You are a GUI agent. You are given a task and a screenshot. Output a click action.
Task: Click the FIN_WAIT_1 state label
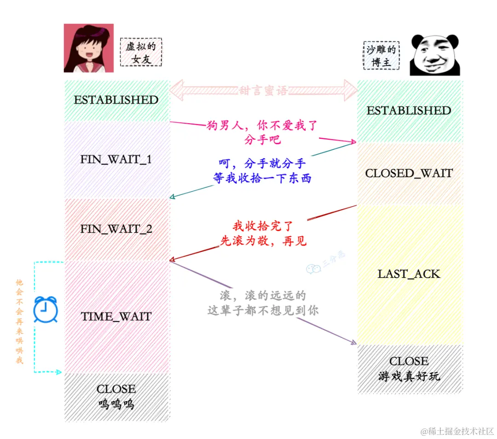pos(116,160)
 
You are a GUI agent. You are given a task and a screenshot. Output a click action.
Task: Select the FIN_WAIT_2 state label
pos(116,229)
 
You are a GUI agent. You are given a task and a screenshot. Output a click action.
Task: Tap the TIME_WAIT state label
pos(116,316)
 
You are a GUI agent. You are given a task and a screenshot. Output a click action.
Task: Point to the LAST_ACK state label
pos(409,274)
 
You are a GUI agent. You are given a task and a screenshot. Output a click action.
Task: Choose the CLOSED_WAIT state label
pos(409,173)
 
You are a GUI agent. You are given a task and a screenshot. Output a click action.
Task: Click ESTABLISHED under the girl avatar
pos(116,100)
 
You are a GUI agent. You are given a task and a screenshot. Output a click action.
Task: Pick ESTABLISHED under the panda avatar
pos(409,110)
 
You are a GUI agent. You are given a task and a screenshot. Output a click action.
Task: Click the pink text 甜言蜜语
pos(264,91)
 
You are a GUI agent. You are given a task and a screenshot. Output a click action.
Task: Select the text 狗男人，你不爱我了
pos(262,125)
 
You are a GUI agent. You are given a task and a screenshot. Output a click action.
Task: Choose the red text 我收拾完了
pos(263,226)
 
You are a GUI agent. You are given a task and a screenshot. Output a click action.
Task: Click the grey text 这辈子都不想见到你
pos(263,310)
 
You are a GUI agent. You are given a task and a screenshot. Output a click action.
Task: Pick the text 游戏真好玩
pos(409,376)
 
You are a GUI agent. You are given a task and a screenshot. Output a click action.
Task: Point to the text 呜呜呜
pos(116,405)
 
